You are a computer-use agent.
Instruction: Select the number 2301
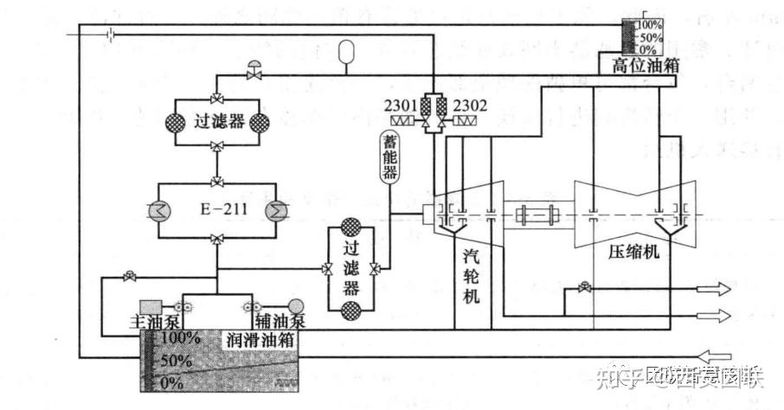pyautogui.click(x=402, y=106)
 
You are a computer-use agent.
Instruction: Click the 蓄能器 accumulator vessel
pyautogui.click(x=389, y=156)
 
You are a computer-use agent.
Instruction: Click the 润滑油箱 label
pyautogui.click(x=260, y=339)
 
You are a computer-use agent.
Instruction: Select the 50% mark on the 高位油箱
pyautogui.click(x=649, y=39)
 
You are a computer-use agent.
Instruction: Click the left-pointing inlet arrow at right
pyautogui.click(x=718, y=355)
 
